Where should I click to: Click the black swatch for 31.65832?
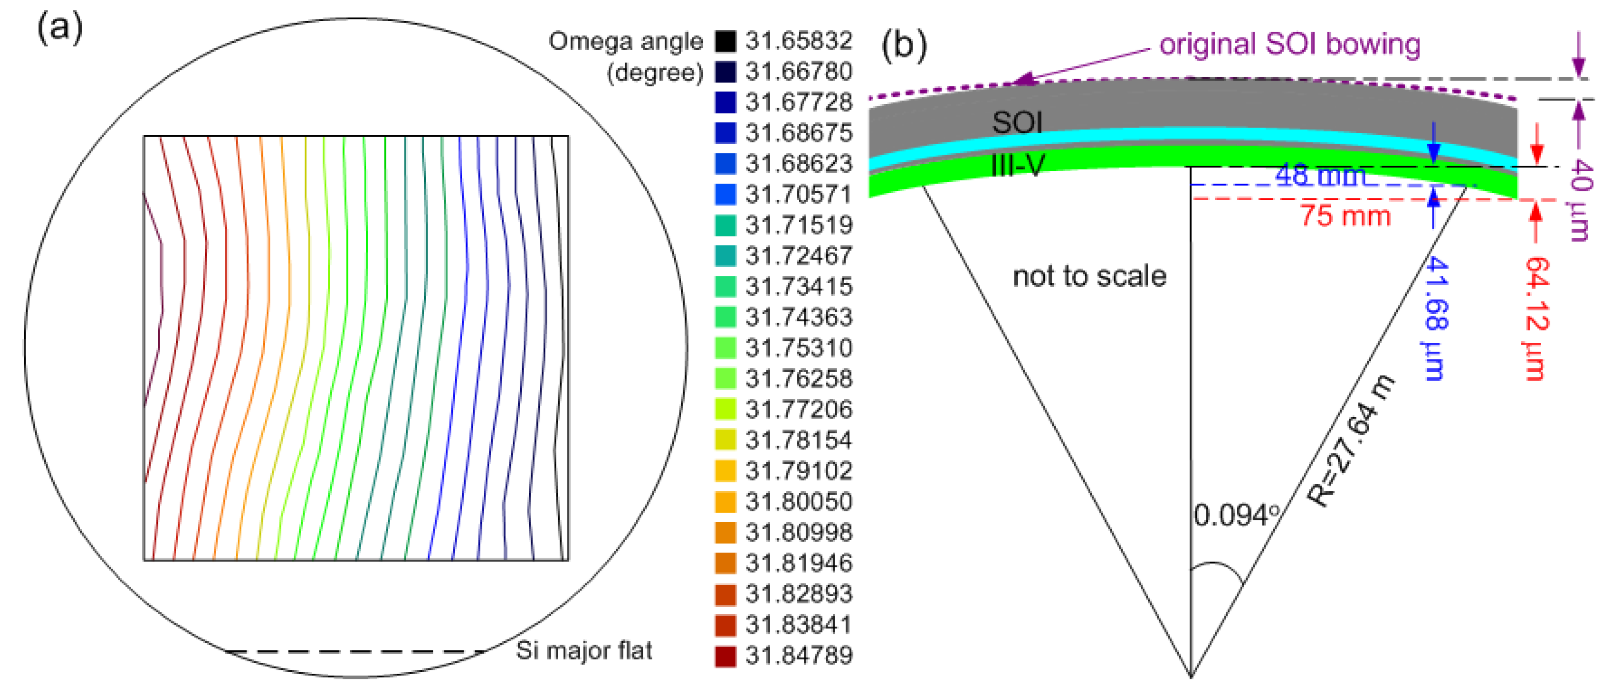(x=725, y=41)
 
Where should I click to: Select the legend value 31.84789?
(x=799, y=655)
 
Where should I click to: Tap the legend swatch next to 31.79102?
(x=725, y=471)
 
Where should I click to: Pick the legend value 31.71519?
(x=799, y=225)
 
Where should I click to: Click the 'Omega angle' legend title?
(x=625, y=41)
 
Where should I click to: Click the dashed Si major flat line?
(x=355, y=652)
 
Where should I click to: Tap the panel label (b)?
(x=904, y=45)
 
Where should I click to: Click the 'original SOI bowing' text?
(x=1289, y=44)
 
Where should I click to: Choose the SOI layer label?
(x=1017, y=122)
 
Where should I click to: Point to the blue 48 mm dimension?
(x=1320, y=176)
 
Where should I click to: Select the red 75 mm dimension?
(x=1345, y=216)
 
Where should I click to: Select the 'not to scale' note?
(x=1089, y=276)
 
